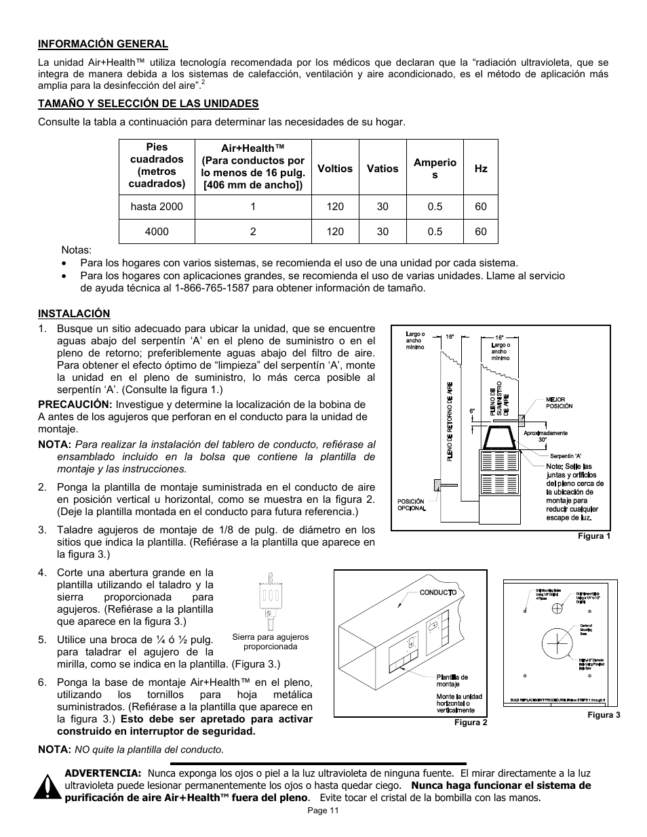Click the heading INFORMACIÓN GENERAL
pyautogui.click(x=102, y=44)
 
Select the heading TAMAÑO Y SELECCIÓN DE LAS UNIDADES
pyautogui.click(x=148, y=103)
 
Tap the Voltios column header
pyautogui.click(x=335, y=169)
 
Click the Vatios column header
pyautogui.click(x=383, y=169)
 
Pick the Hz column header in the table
pyautogui.click(x=481, y=169)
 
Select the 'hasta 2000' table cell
pyautogui.click(x=157, y=207)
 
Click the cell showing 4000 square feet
pyautogui.click(x=157, y=231)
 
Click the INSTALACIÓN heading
pyautogui.click(x=73, y=313)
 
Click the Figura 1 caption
pyautogui.click(x=594, y=536)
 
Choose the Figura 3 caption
pyautogui.click(x=604, y=715)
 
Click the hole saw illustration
pyautogui.click(x=270, y=600)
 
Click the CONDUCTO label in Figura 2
pyautogui.click(x=437, y=592)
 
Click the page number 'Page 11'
pyautogui.click(x=323, y=811)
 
